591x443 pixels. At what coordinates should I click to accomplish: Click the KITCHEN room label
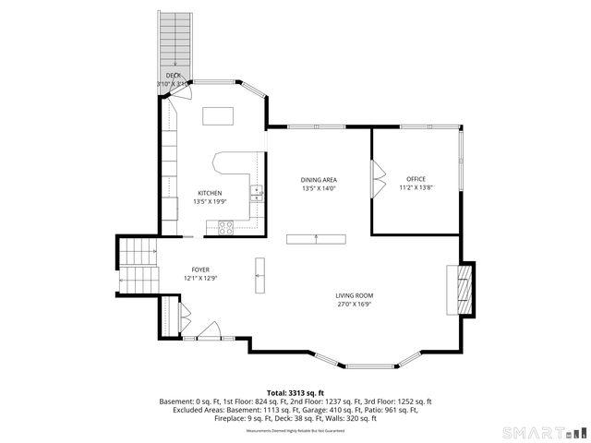pos(208,193)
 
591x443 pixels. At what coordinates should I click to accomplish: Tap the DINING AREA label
pos(319,179)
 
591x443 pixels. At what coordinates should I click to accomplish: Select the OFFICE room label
pos(416,179)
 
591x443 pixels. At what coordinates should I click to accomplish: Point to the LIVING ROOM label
pos(354,295)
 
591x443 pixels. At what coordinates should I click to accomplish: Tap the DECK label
pos(173,75)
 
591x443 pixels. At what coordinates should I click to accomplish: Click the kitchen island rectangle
pos(219,115)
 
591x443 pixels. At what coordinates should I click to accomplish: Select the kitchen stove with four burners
pos(223,226)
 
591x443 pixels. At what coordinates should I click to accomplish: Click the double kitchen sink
pos(258,194)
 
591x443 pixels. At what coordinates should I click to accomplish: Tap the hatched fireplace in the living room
pos(467,290)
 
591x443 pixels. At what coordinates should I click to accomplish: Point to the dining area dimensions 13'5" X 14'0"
pos(319,188)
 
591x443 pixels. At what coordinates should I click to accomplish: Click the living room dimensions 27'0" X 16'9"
pos(354,304)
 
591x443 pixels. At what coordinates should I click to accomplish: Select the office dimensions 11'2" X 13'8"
pos(416,187)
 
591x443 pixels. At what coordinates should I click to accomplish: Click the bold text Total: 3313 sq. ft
pos(295,393)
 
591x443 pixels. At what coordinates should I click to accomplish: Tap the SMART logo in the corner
pos(541,432)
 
